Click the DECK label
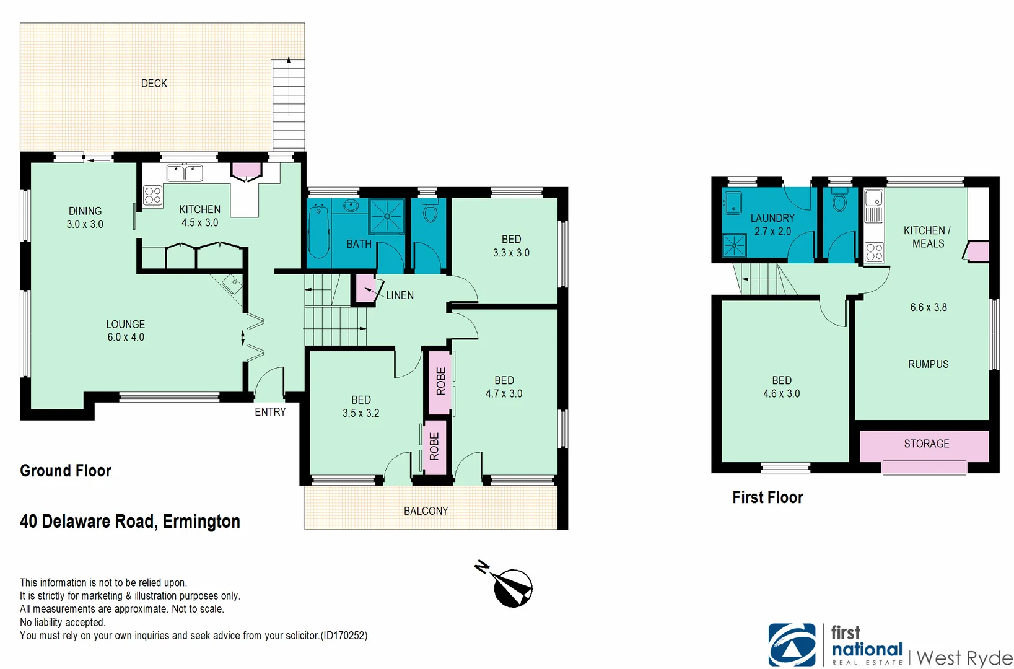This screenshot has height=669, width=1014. click(x=154, y=83)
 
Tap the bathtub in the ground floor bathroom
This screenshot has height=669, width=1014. click(x=318, y=232)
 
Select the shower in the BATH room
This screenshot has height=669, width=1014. click(x=387, y=216)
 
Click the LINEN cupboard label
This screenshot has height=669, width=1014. click(x=400, y=295)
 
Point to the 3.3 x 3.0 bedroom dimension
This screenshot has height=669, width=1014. click(x=511, y=253)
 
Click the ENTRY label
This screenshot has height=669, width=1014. click(x=270, y=412)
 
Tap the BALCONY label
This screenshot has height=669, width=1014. click(x=426, y=511)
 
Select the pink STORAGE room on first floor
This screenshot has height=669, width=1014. click(x=926, y=444)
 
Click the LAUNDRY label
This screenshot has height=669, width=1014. click(x=772, y=218)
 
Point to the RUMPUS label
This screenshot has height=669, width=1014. click(x=928, y=364)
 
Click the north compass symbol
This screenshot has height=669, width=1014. click(x=512, y=586)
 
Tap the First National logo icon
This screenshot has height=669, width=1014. click(x=792, y=644)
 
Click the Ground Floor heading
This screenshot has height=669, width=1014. click(x=66, y=471)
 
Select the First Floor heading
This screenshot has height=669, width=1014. click(x=767, y=497)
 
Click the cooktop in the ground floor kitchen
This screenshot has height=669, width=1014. click(x=152, y=196)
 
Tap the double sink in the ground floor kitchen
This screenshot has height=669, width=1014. click(x=185, y=173)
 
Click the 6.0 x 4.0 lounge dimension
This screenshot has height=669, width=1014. click(x=126, y=338)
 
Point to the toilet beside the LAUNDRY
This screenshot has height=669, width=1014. click(x=839, y=202)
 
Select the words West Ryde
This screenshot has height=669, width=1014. click(x=964, y=657)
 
